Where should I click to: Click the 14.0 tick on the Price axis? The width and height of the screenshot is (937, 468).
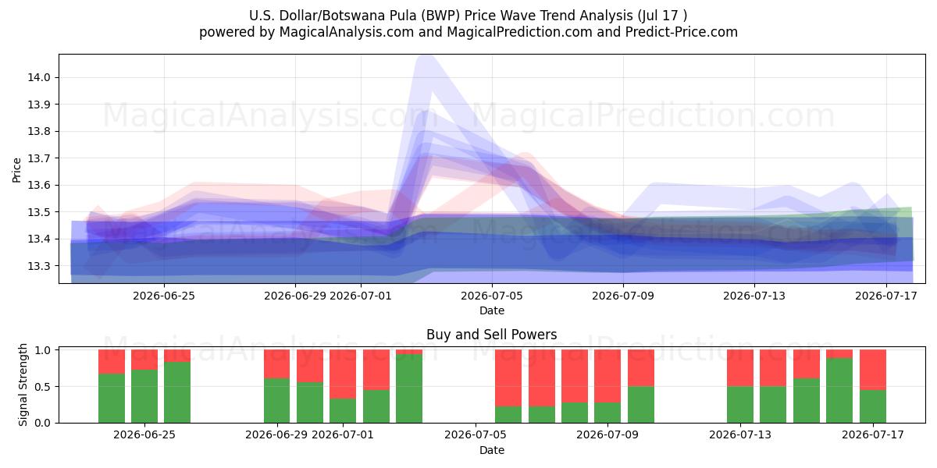(38, 77)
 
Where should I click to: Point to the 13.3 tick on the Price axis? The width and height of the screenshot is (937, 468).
(38, 266)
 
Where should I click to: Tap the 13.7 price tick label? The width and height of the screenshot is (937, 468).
(38, 158)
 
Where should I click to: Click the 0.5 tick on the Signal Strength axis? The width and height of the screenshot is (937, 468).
(42, 387)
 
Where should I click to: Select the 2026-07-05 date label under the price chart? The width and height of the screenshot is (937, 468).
(492, 296)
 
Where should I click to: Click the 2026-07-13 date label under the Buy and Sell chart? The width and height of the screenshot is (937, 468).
(740, 434)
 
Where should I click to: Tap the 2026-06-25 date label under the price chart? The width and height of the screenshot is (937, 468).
(164, 296)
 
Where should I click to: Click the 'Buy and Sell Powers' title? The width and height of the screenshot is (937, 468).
(491, 335)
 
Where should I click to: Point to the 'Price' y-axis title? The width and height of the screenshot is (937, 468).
(16, 170)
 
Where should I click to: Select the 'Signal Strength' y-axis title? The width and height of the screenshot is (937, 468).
(23, 385)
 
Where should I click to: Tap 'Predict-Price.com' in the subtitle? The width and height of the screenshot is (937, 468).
(682, 32)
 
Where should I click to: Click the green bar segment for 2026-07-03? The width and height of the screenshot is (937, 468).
(409, 388)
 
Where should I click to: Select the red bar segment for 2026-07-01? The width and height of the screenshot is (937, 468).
(343, 374)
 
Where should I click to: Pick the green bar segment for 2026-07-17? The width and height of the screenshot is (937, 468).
(873, 406)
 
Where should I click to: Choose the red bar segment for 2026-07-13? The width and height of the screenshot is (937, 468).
(740, 367)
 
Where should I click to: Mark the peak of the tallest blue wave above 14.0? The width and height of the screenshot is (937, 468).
(426, 58)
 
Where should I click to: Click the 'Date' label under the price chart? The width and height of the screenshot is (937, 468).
(491, 310)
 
